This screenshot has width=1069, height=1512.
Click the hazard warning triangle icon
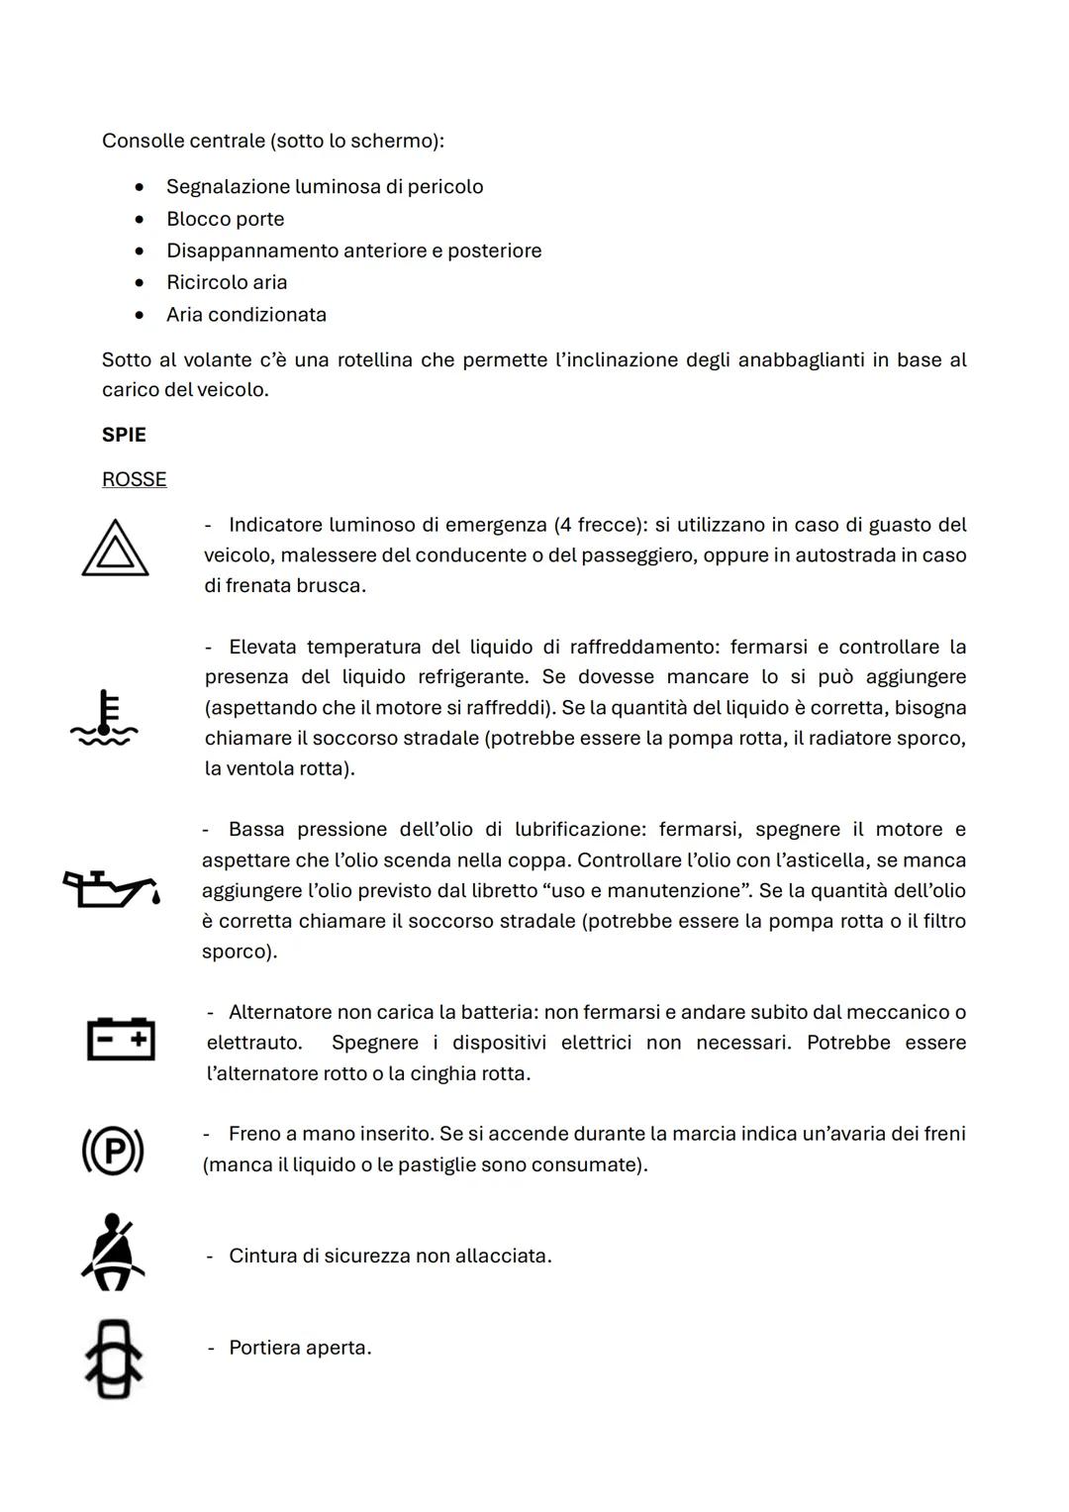tap(115, 550)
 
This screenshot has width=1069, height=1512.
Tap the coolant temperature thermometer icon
tap(105, 719)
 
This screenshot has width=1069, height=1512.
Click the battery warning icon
tap(121, 1039)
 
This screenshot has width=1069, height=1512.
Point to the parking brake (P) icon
tap(113, 1151)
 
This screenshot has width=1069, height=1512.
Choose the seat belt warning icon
tap(113, 1253)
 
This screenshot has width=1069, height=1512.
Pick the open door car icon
tap(113, 1360)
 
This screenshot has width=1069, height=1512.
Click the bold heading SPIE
tap(124, 435)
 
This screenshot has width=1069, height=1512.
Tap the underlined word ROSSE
tap(134, 479)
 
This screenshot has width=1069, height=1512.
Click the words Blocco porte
tap(225, 219)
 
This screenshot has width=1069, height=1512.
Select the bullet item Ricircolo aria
tap(227, 282)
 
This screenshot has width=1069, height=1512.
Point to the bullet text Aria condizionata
tap(245, 314)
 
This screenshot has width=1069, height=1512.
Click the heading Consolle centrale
tap(183, 141)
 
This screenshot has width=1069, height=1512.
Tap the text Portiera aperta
tap(300, 1348)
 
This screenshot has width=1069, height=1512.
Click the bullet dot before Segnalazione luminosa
tap(141, 187)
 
